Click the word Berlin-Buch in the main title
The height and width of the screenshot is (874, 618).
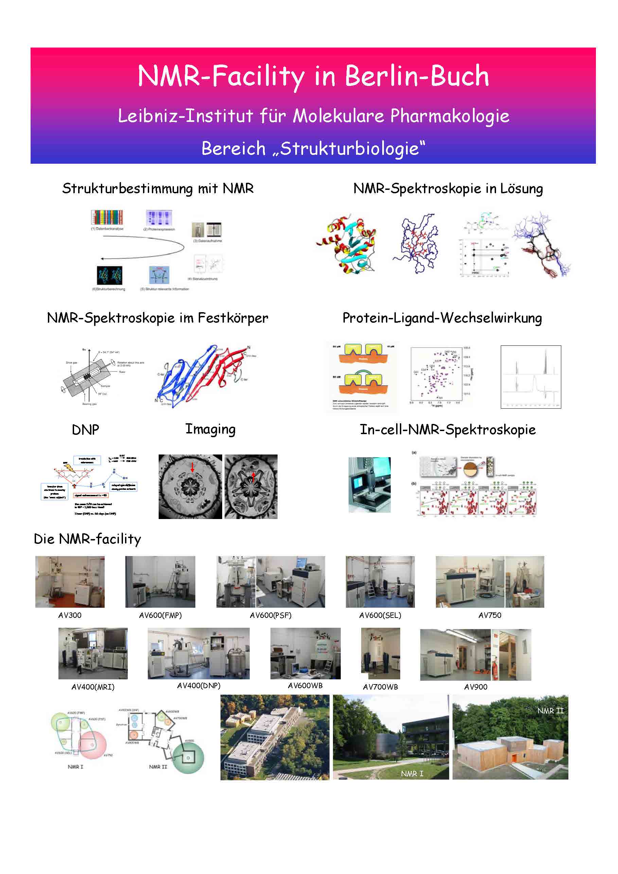tap(417, 76)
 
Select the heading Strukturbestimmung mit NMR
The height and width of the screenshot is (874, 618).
tap(158, 189)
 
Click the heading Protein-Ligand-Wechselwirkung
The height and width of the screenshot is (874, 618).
tap(442, 318)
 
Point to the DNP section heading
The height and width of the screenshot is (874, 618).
tap(85, 430)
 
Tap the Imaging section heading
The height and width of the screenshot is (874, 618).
tap(210, 429)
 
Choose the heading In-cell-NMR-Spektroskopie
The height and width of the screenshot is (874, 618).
tap(447, 429)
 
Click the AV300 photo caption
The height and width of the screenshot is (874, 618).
tap(70, 616)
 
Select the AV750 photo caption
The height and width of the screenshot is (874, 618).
tap(490, 616)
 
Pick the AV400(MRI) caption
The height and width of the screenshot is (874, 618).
tap(93, 687)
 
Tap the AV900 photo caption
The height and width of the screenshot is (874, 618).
tap(476, 687)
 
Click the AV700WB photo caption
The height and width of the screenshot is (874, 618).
tap(380, 687)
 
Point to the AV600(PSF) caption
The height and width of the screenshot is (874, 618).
tap(270, 616)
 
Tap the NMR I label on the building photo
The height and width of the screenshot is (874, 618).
tap(412, 773)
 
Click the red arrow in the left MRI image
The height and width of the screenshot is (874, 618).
tap(192, 467)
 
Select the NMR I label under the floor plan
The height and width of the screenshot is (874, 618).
tap(75, 767)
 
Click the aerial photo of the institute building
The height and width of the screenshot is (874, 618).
tap(275, 737)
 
